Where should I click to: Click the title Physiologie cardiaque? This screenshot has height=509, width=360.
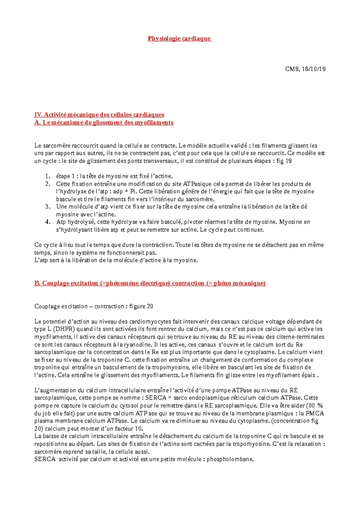tap(180, 38)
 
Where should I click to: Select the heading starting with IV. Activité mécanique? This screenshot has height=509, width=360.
tap(99, 115)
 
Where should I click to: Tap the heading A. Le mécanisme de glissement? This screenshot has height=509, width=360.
tap(104, 122)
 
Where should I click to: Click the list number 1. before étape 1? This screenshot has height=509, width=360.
tap(47, 176)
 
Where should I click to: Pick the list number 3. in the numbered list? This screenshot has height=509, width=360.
tap(47, 206)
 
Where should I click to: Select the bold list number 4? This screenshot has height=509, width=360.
tap(47, 222)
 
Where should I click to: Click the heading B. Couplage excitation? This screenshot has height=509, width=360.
tap(150, 283)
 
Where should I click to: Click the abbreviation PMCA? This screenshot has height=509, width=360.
tap(315, 413)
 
